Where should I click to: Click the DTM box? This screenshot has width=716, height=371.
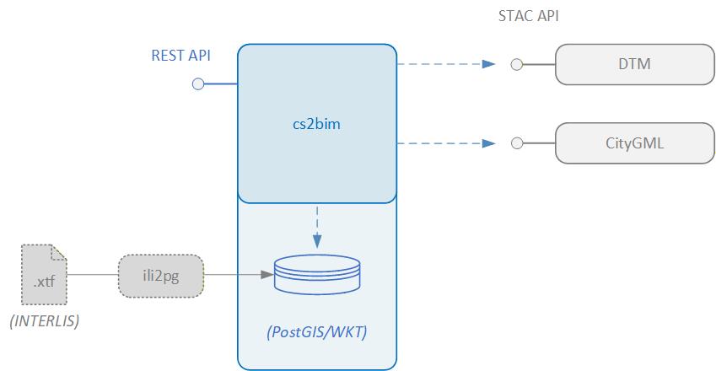coord(633,64)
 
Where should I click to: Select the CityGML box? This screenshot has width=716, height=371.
coord(633,143)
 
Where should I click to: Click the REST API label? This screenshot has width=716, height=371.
coord(180,56)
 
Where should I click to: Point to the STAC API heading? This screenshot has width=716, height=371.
coord(529,16)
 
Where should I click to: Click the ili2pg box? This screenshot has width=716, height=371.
coord(161,274)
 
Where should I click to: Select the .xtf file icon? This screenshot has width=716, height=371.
coord(44,274)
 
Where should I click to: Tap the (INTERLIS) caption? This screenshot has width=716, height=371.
coord(44,321)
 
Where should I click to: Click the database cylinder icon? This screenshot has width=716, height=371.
coord(316,274)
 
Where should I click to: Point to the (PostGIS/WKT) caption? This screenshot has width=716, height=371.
coord(316,331)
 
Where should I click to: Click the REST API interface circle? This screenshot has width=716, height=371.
coord(198,83)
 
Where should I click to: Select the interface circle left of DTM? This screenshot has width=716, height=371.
coord(518,64)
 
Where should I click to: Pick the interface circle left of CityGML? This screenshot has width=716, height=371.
coord(518,143)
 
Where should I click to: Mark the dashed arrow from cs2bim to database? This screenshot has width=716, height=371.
coord(316,223)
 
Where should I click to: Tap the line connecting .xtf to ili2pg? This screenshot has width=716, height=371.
coord(93,274)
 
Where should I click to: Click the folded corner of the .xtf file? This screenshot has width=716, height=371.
coord(59,251)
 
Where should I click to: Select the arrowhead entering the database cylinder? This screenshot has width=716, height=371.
coord(268,274)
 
